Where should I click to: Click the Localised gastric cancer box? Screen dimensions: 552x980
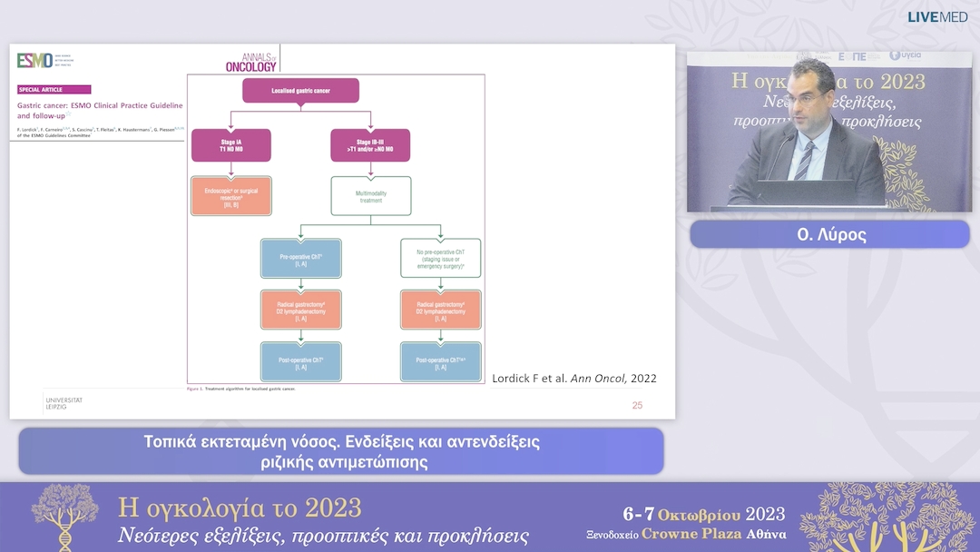coord(300,91)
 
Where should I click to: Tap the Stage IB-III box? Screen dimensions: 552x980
coord(370,145)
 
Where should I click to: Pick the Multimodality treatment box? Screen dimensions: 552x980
coord(370,195)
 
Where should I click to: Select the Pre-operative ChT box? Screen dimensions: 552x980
coord(300,258)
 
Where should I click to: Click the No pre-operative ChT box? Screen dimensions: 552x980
coord(440,258)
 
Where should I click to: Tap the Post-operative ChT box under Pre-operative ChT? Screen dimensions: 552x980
coord(300,361)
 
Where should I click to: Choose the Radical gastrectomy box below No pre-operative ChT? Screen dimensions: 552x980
coord(440,310)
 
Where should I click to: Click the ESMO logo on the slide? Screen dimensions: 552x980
coord(35,60)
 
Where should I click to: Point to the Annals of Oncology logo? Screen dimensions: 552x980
coord(250,63)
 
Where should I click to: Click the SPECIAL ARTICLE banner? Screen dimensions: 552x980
coord(54,90)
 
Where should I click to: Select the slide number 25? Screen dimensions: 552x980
coord(637,405)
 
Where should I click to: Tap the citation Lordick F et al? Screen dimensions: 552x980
coord(573,378)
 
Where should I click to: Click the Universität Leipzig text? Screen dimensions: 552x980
coord(64,403)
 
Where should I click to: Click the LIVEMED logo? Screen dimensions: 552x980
coord(937,17)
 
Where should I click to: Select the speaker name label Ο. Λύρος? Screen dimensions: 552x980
coord(828,234)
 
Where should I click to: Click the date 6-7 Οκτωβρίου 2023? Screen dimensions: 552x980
coord(703,515)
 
